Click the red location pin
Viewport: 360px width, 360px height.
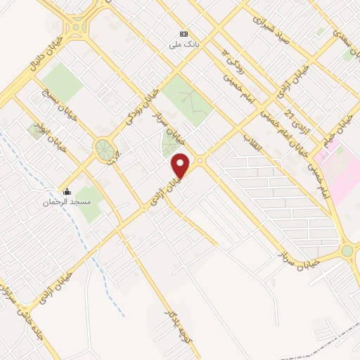pyautogui.click(x=181, y=165)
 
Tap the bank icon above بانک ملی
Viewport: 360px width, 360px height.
pyautogui.click(x=184, y=33)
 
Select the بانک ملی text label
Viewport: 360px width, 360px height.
pyautogui.click(x=184, y=44)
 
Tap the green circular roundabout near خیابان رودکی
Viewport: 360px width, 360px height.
pyautogui.click(x=105, y=148)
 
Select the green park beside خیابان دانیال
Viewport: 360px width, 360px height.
pyautogui.click(x=63, y=81)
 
